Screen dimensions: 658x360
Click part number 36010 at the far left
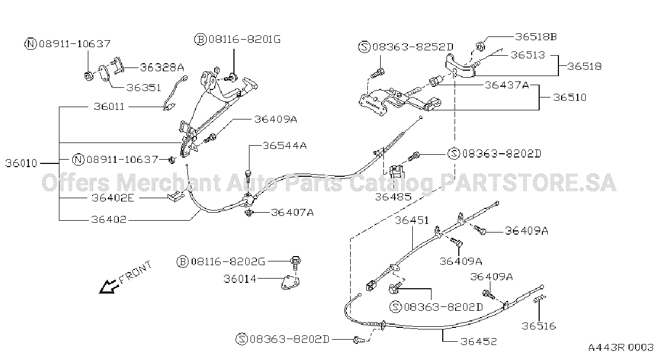(21, 163)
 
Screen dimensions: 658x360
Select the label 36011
(109, 107)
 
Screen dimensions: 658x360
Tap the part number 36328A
(162, 67)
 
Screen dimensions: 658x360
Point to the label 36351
(143, 87)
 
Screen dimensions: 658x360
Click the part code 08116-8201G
(245, 39)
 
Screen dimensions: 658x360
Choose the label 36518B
(536, 37)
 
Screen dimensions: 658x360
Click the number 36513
(528, 55)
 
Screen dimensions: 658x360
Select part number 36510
(570, 97)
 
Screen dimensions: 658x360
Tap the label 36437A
(506, 85)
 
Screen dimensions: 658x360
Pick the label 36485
(394, 197)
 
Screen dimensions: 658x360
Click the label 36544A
(285, 146)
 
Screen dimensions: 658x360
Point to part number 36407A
(292, 212)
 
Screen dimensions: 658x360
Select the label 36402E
(113, 198)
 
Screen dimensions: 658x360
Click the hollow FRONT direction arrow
(109, 287)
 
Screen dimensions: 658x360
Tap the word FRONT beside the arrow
(135, 273)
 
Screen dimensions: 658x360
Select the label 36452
(479, 341)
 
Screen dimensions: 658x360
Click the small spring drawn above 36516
(539, 298)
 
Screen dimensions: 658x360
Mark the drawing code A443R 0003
(621, 348)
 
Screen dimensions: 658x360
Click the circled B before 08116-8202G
(183, 261)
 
